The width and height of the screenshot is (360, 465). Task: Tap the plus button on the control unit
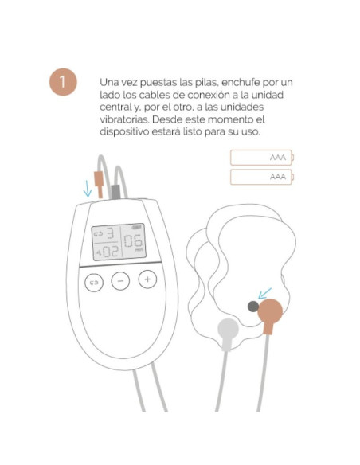(x=147, y=279)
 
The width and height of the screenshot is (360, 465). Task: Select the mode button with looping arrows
(x=95, y=282)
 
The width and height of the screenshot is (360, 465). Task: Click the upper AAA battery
(x=261, y=157)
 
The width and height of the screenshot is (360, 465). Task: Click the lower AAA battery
(x=261, y=177)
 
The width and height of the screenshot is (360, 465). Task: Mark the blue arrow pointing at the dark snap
(x=264, y=295)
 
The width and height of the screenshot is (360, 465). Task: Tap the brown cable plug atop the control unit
(x=100, y=186)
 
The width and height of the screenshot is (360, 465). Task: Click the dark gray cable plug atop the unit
(x=115, y=191)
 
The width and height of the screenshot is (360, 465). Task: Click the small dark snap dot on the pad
(x=252, y=305)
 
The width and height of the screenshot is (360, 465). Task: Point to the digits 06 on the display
(x=133, y=243)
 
